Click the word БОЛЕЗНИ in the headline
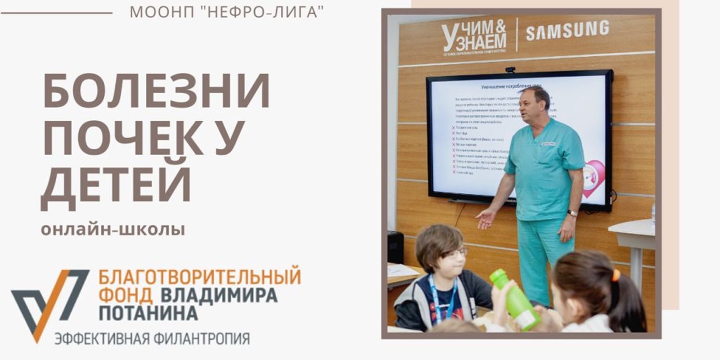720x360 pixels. (156, 91)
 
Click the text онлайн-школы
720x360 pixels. (112, 230)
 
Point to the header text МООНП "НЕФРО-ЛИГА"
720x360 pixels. (227, 12)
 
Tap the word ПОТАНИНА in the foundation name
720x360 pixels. (148, 313)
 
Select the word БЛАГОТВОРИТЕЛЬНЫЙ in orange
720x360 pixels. (200, 277)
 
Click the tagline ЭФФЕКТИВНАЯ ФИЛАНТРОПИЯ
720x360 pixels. (152, 339)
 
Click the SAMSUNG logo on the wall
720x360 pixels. (567, 30)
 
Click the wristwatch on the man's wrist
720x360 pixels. (572, 213)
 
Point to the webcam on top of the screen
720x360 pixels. (510, 70)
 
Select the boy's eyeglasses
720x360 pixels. (454, 254)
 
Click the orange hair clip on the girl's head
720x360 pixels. (616, 275)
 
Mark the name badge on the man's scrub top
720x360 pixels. (548, 144)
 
